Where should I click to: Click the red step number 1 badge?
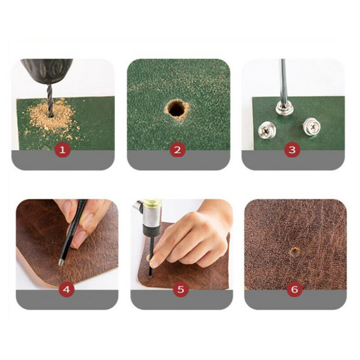coord(63,150)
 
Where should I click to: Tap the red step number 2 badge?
coord(177,150)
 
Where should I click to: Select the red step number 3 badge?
coord(292,150)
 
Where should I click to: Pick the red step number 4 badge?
coord(66,289)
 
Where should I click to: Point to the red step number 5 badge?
coord(181,289)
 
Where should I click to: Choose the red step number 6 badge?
coord(295,289)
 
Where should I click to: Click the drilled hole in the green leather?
coord(176,108)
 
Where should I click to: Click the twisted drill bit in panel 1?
coord(50,100)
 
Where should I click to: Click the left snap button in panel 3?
coord(267,130)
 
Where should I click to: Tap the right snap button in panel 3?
coord(311,126)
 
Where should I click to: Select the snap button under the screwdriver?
coord(285,108)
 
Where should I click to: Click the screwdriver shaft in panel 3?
coord(284,81)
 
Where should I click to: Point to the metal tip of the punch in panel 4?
coord(61,262)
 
